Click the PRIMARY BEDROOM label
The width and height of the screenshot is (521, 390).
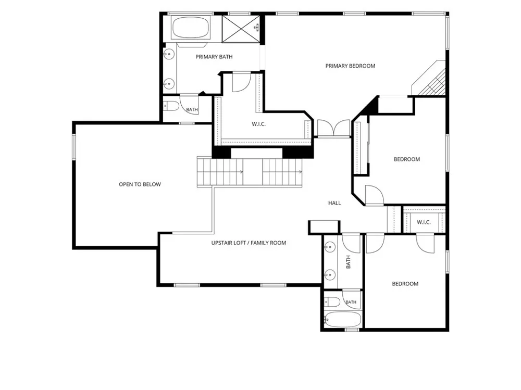350,66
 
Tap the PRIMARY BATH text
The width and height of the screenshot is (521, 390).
214,57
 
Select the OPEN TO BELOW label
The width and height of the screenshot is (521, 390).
140,184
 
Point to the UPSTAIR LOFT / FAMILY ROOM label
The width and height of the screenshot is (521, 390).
249,243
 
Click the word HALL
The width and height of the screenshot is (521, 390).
334,203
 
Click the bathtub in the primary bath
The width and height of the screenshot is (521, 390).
191,27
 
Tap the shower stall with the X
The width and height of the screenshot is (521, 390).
241,29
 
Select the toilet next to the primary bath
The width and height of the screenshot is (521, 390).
171,106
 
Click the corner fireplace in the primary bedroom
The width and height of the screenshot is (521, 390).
429,78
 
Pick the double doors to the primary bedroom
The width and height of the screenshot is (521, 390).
333,128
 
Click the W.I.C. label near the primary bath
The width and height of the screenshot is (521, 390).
258,124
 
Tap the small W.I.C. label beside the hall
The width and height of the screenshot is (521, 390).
424,222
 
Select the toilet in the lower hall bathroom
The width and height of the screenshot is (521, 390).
332,302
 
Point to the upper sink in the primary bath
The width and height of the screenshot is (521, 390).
169,54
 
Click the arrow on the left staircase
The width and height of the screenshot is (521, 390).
241,172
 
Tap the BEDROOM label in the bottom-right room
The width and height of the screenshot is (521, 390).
405,284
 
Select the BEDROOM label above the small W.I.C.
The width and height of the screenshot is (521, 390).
407,159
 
